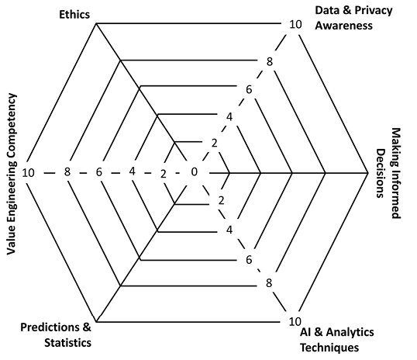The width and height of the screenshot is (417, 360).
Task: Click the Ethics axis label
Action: pos(74,15)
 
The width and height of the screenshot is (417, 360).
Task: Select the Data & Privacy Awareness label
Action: pos(353,18)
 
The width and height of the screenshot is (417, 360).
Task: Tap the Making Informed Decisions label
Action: pos(388,173)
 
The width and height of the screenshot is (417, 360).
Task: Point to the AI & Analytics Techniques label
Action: pos(337,340)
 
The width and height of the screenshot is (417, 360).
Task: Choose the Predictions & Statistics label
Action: pos(56,334)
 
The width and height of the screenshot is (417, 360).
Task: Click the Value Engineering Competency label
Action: pos(11,174)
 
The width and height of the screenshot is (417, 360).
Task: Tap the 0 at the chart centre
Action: pos(195,172)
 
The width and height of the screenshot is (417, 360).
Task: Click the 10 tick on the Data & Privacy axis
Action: pos(295,25)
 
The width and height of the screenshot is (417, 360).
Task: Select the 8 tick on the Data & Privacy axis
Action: pos(270,62)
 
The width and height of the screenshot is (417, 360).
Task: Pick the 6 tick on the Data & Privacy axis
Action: pos(249,90)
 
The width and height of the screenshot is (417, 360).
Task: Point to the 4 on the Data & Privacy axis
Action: pos(229,117)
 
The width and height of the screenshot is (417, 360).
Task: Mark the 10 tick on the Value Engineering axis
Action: pos(28,173)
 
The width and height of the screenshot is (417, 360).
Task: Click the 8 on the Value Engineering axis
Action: pos(67,171)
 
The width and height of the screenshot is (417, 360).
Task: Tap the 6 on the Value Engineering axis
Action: pos(99,172)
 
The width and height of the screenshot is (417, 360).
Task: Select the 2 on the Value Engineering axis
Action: pos(164,174)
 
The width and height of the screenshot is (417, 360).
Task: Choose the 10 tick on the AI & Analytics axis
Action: pos(295,322)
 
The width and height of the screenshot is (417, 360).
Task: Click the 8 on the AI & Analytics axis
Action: pos(269,283)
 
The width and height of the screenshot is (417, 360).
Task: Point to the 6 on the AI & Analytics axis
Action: pos(249,260)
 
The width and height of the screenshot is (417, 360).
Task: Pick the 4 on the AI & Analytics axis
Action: pos(229,230)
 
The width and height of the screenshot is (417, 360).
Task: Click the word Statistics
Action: pos(67,343)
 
